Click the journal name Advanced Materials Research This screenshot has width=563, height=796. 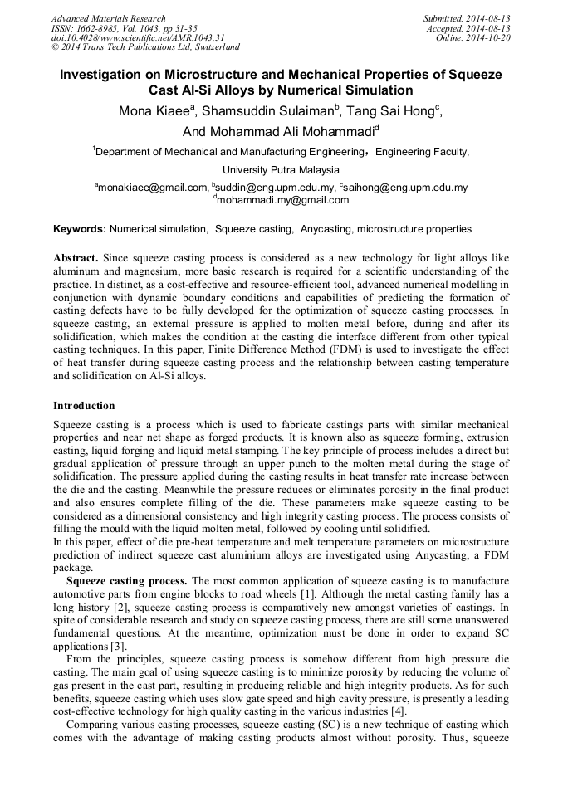(109, 18)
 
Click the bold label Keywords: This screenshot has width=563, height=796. (80, 229)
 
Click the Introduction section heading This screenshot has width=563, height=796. (84, 406)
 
